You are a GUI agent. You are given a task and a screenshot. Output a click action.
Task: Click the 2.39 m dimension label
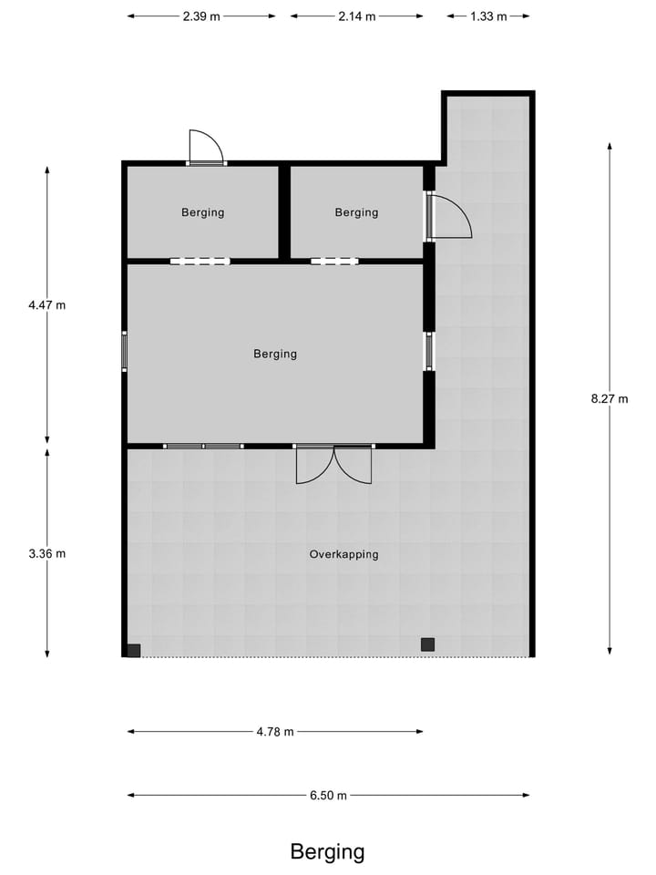[201, 16]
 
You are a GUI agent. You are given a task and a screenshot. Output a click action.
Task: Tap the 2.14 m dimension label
[356, 16]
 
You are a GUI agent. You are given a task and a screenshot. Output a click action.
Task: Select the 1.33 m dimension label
[488, 16]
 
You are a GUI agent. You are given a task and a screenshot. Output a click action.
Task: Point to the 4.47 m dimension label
[47, 305]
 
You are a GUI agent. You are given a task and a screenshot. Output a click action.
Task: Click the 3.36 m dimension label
[47, 553]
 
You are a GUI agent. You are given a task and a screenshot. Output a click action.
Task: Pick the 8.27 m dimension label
[610, 398]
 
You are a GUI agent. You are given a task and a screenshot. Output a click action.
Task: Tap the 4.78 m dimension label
[275, 731]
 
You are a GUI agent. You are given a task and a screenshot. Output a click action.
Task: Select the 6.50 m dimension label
[328, 796]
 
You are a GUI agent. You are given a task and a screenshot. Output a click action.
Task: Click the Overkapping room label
[343, 554]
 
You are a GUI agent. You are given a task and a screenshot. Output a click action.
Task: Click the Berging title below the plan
[327, 852]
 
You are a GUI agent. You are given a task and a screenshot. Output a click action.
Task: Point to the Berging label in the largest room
[275, 354]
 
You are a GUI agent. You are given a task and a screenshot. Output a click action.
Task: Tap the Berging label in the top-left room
[202, 212]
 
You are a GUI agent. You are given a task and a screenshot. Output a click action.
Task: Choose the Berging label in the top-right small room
[356, 212]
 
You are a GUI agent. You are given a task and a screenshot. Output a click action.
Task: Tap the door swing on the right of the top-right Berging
[450, 217]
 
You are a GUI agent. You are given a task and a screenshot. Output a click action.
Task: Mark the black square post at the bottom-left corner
[134, 650]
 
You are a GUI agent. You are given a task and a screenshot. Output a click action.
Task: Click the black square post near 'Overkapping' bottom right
[427, 644]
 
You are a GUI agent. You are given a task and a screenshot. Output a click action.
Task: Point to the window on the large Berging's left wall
[125, 351]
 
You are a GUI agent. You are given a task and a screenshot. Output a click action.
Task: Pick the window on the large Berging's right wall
[428, 351]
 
